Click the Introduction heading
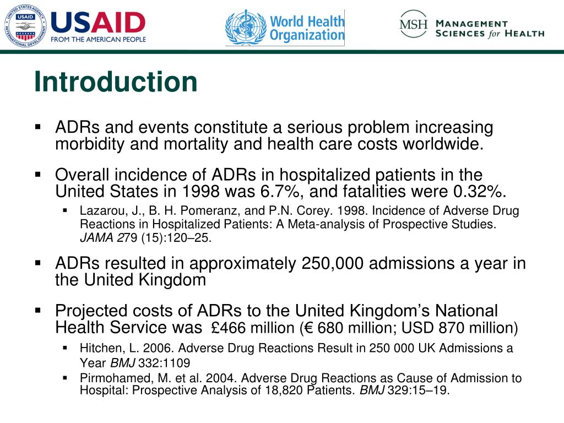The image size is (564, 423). (x=115, y=82)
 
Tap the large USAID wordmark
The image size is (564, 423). (x=98, y=22)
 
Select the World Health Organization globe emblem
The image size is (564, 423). (x=246, y=28)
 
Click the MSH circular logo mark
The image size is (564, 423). (x=414, y=24)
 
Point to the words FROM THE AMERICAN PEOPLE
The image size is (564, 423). (x=98, y=40)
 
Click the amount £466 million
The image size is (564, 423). (x=253, y=328)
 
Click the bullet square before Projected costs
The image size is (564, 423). (x=38, y=311)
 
